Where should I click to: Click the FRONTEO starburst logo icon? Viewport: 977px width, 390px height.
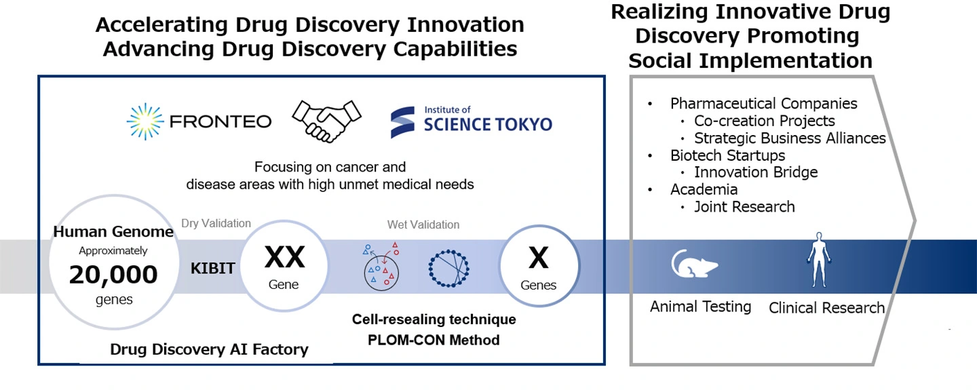(145, 121)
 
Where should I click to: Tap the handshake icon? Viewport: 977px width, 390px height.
(327, 121)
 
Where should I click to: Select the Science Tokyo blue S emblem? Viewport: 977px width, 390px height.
(402, 122)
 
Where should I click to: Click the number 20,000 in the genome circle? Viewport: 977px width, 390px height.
(113, 275)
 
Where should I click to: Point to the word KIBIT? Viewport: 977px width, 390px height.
(213, 269)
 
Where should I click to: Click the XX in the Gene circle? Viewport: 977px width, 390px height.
(284, 257)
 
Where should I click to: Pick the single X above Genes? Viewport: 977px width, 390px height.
(539, 258)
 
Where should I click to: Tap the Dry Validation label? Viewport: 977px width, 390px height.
(216, 223)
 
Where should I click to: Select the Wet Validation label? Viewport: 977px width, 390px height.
(423, 225)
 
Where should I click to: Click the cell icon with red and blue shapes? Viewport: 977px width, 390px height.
(381, 267)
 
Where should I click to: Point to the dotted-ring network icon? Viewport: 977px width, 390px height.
(449, 269)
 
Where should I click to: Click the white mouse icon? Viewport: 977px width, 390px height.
(694, 264)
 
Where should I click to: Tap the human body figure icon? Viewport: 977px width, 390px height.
(820, 260)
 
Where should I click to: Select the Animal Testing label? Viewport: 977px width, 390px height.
(700, 307)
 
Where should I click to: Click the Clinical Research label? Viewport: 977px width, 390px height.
(826, 308)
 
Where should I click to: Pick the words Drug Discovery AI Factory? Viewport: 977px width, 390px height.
(209, 349)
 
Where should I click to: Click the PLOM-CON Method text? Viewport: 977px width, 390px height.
(434, 340)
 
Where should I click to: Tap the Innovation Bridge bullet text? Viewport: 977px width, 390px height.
(756, 172)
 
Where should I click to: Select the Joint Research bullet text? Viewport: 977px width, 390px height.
(744, 207)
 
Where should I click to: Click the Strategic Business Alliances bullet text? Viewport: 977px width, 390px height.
(790, 138)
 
